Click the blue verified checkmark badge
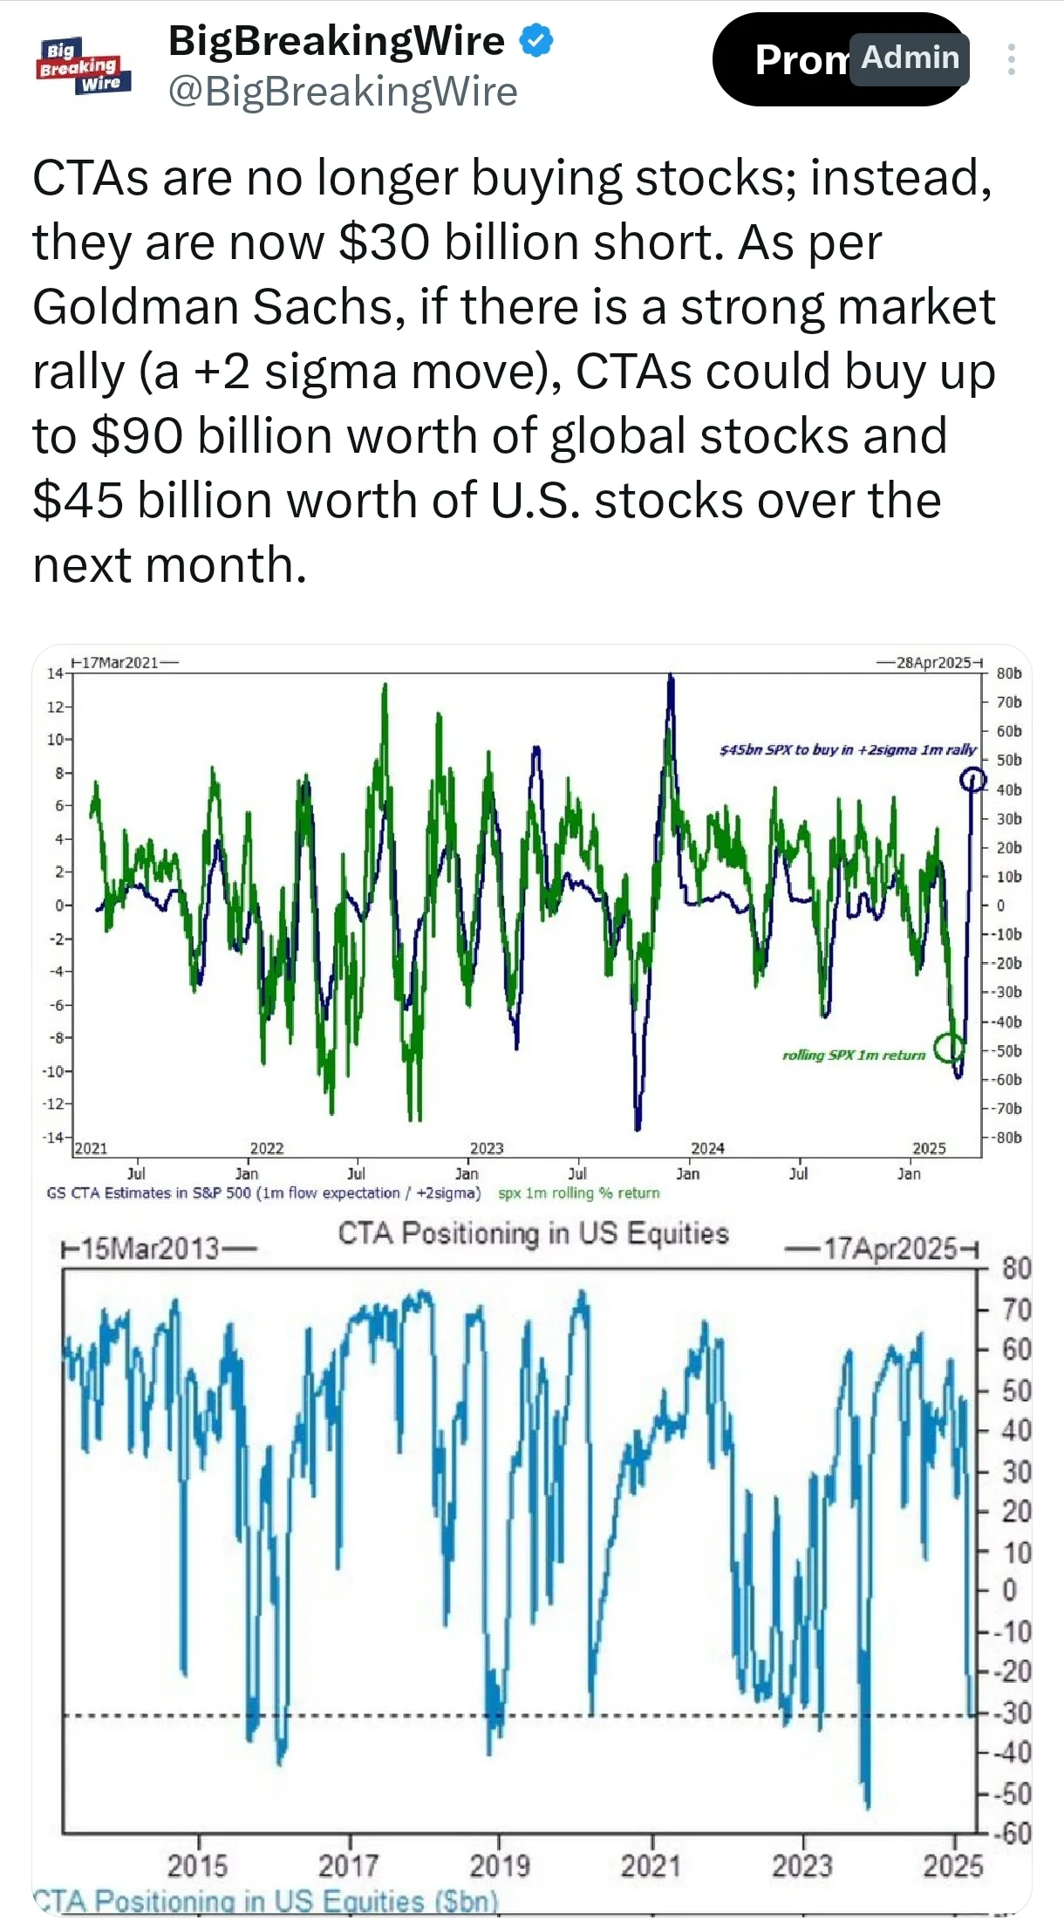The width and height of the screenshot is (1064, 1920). coord(536,41)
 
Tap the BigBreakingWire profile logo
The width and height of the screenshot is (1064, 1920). coord(84,65)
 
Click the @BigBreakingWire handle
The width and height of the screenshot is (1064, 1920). coord(343,92)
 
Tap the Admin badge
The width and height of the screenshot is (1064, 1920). coord(910,58)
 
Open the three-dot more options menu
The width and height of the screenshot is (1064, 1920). coord(1011,59)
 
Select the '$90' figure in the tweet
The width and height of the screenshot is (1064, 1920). coord(137,436)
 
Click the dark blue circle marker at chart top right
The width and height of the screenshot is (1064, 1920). coord(972,779)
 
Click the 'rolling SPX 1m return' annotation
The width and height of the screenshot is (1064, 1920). coord(853,1055)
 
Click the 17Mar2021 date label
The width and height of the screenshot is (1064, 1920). coord(125,662)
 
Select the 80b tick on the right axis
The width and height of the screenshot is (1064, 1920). coord(1009,673)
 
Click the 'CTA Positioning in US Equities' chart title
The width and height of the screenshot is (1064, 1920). coord(533,1233)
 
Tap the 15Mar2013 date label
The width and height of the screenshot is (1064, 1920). coord(159,1249)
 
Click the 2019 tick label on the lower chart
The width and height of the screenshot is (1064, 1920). coord(500,1866)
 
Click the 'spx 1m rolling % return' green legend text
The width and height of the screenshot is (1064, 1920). coord(579,1192)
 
